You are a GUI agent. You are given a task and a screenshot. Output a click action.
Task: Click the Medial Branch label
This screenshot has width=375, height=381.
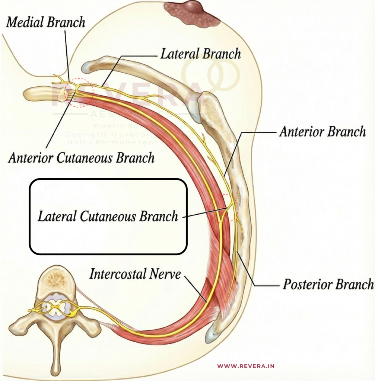point(46,22)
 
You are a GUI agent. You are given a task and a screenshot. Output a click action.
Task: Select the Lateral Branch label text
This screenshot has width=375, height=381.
point(200,54)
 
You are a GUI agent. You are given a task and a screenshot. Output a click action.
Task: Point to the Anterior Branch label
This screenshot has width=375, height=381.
point(322,132)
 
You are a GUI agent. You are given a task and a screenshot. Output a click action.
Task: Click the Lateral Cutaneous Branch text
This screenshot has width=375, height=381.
point(108,216)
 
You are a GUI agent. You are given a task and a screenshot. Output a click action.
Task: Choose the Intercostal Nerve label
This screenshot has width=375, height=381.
point(135,275)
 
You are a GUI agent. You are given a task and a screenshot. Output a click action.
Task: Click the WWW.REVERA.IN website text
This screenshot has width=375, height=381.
point(246,366)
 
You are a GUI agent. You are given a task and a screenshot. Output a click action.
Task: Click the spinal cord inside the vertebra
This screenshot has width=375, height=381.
point(55,307)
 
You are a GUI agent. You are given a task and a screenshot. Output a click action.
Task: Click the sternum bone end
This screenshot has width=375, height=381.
point(37,93)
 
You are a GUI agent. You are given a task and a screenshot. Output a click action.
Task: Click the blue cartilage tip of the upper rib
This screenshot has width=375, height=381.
point(86,67)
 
